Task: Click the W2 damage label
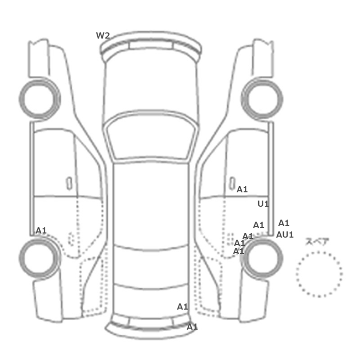click(103, 35)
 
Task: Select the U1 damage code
click(263, 204)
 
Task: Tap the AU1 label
click(285, 235)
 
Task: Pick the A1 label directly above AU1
click(284, 223)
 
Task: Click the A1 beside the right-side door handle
click(242, 189)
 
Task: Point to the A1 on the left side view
click(41, 230)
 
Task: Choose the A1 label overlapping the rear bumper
click(192, 327)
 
